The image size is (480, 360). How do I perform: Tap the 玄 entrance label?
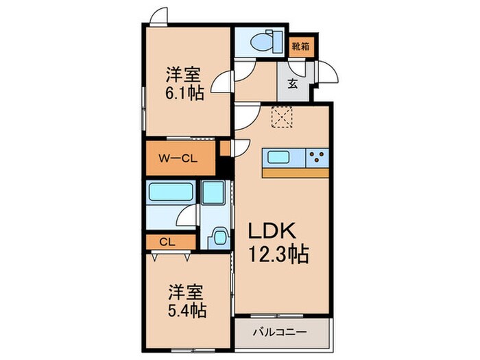point(292,85)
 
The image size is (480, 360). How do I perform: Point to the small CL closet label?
point(166,241)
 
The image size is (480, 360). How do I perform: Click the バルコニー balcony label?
point(281,333)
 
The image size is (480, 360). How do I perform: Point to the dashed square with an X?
point(282,117)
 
